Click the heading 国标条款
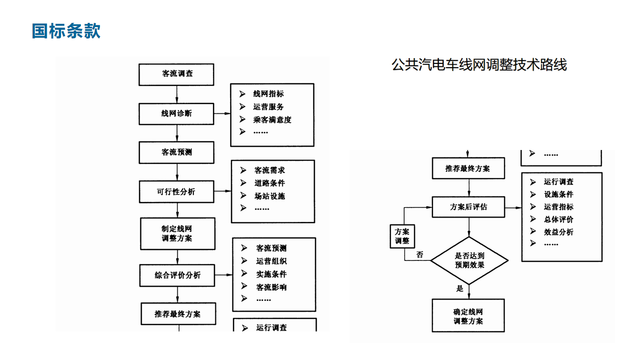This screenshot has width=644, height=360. pyautogui.click(x=66, y=31)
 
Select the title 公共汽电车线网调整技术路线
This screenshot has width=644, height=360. pyautogui.click(x=479, y=65)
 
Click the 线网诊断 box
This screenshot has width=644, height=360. pyautogui.click(x=177, y=113)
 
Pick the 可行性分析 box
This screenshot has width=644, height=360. pyautogui.click(x=176, y=192)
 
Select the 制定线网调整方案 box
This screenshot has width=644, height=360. pyautogui.click(x=177, y=233)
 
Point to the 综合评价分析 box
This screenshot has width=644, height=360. pyautogui.click(x=178, y=275)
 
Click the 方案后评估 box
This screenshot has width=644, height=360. pyautogui.click(x=468, y=207)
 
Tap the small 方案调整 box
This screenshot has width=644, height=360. pyautogui.click(x=402, y=236)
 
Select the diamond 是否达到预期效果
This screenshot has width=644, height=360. pyautogui.click(x=469, y=260)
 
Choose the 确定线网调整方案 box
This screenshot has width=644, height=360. pyautogui.click(x=468, y=316)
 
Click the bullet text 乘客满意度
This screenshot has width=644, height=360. pyautogui.click(x=272, y=120)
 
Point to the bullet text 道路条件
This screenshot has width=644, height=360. pyautogui.click(x=270, y=183)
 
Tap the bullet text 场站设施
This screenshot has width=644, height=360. pyautogui.click(x=270, y=196)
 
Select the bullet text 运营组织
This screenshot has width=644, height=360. pyautogui.click(x=272, y=261)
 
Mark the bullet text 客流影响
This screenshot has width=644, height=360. pyautogui.click(x=272, y=287)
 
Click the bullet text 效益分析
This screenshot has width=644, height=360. pyautogui.click(x=559, y=232)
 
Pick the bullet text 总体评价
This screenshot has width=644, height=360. pyautogui.click(x=559, y=220)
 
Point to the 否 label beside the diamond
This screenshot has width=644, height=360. pyautogui.click(x=420, y=255)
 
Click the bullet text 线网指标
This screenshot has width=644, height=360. pyautogui.click(x=268, y=94)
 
